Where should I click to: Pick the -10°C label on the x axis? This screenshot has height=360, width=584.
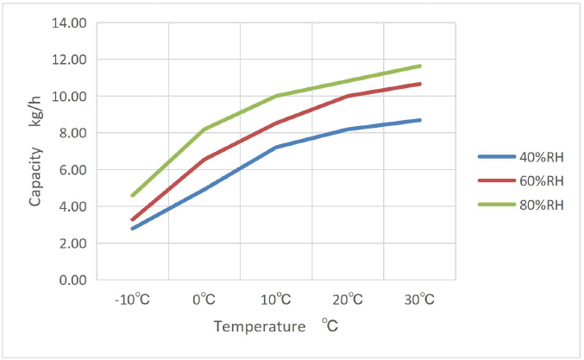(x=131, y=300)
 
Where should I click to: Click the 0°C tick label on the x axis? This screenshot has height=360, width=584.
(x=204, y=300)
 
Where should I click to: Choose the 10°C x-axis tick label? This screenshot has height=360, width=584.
(x=275, y=300)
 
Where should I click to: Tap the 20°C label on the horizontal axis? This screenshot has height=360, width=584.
(x=348, y=300)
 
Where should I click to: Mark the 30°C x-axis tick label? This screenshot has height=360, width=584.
(x=420, y=300)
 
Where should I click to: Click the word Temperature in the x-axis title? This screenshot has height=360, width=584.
(x=259, y=326)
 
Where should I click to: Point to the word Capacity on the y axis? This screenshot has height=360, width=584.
(x=36, y=176)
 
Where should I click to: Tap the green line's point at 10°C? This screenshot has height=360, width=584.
(x=276, y=96)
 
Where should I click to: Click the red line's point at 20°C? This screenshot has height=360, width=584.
(x=348, y=96)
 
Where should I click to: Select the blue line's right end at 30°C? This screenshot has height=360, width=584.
(x=420, y=120)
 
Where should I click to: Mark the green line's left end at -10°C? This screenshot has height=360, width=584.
(x=132, y=196)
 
